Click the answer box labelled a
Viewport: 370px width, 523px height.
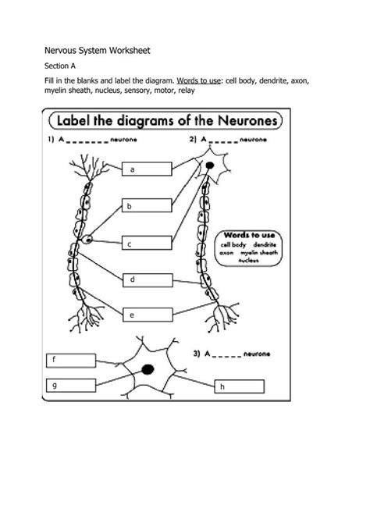pyautogui.click(x=147, y=169)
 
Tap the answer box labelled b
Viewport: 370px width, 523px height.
pyautogui.click(x=147, y=206)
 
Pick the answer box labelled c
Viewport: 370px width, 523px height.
pyautogui.click(x=147, y=244)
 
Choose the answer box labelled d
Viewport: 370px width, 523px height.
pyautogui.click(x=147, y=279)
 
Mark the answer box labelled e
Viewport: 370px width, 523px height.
pyautogui.click(x=147, y=314)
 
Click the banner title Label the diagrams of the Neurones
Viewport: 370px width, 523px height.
pyautogui.click(x=168, y=123)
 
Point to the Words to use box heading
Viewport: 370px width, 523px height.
pyautogui.click(x=248, y=233)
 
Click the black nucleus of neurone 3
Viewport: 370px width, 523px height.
pyautogui.click(x=146, y=368)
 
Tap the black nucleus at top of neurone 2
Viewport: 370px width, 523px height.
pyautogui.click(x=208, y=166)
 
